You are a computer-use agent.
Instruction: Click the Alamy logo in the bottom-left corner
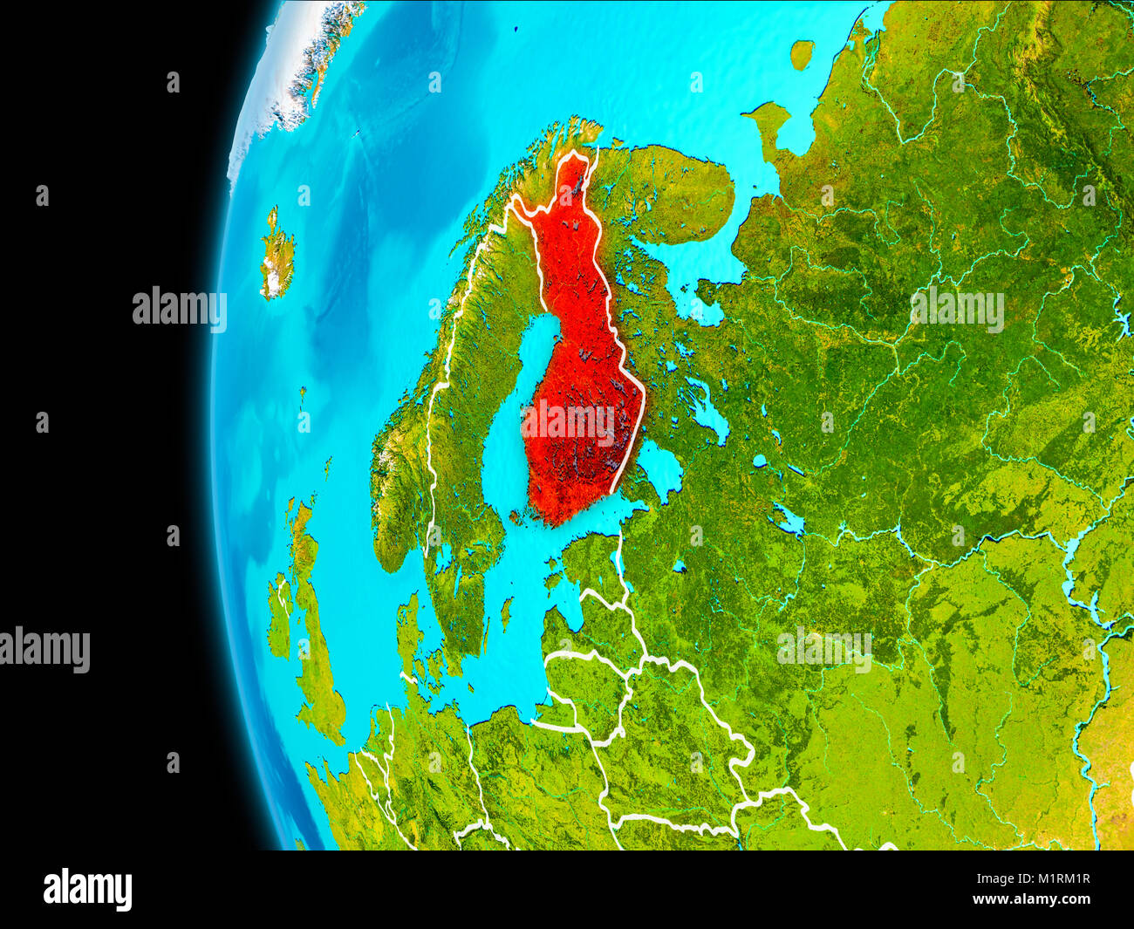pyautogui.click(x=87, y=890)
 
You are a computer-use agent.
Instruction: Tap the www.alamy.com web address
pyautogui.click(x=1031, y=899)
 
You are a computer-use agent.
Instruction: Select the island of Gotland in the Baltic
pyautogui.click(x=506, y=611)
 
